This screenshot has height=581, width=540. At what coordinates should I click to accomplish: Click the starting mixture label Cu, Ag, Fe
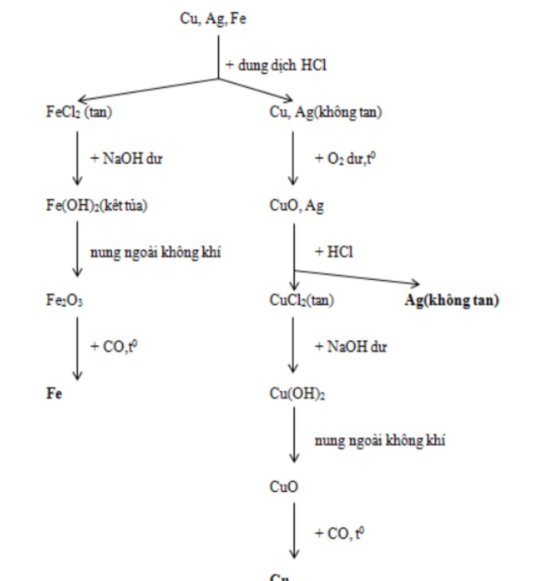213,19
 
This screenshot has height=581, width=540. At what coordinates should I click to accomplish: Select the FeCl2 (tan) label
79,112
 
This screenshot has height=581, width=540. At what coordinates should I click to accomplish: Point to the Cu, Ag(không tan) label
326,112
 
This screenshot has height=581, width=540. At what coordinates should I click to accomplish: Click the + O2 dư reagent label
345,158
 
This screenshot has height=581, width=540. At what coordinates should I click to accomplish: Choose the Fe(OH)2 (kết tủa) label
97,206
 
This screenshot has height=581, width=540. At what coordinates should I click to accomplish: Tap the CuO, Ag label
297,206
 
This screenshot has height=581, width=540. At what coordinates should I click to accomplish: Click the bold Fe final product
54,394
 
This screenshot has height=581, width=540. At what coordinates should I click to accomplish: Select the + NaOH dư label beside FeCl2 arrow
127,158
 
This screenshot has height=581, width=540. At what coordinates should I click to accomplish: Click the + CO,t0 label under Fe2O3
114,347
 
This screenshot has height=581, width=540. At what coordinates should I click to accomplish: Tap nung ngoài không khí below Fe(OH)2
156,253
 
